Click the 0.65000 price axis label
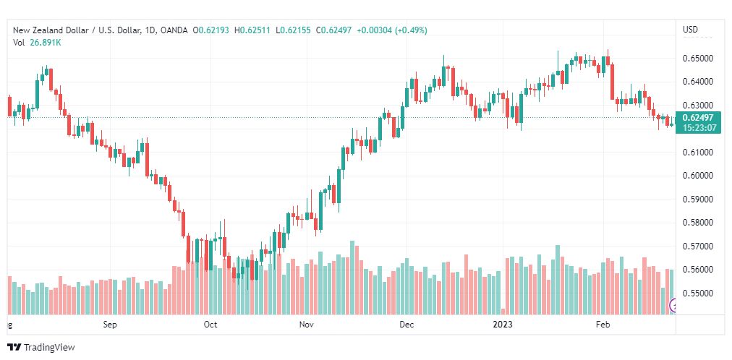pyautogui.click(x=697, y=59)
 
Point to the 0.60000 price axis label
pyautogui.click(x=697, y=176)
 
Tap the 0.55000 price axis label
pyautogui.click(x=697, y=293)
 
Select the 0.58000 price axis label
pyautogui.click(x=697, y=223)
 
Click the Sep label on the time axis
pyautogui.click(x=110, y=325)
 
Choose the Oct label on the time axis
pyautogui.click(x=210, y=325)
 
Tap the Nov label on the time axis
pyautogui.click(x=307, y=325)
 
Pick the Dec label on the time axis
pyautogui.click(x=407, y=325)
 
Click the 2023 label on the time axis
pyautogui.click(x=503, y=325)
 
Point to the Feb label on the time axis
pyautogui.click(x=603, y=325)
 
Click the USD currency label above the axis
pyautogui.click(x=690, y=30)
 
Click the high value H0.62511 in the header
pyautogui.click(x=252, y=30)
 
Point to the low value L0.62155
pyautogui.click(x=293, y=30)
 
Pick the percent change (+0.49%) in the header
pyautogui.click(x=412, y=30)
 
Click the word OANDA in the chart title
pyautogui.click(x=174, y=30)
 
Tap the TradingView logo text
pyautogui.click(x=49, y=348)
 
